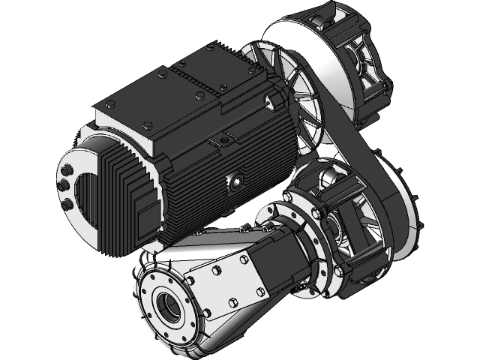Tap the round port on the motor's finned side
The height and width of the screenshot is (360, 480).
pos(235,180)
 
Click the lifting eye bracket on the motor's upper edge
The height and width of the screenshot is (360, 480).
pos(222,140)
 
